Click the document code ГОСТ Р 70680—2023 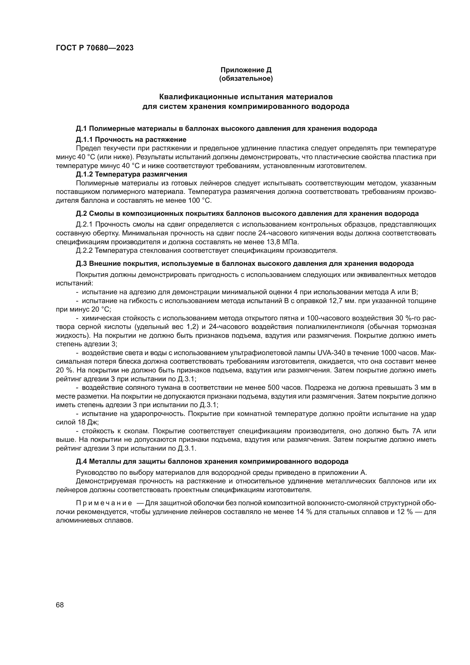95,48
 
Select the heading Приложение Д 246,70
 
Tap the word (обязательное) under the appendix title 246,78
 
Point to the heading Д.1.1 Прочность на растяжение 131,140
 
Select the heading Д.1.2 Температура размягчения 131,174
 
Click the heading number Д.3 81,264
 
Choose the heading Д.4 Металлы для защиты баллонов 212,461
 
